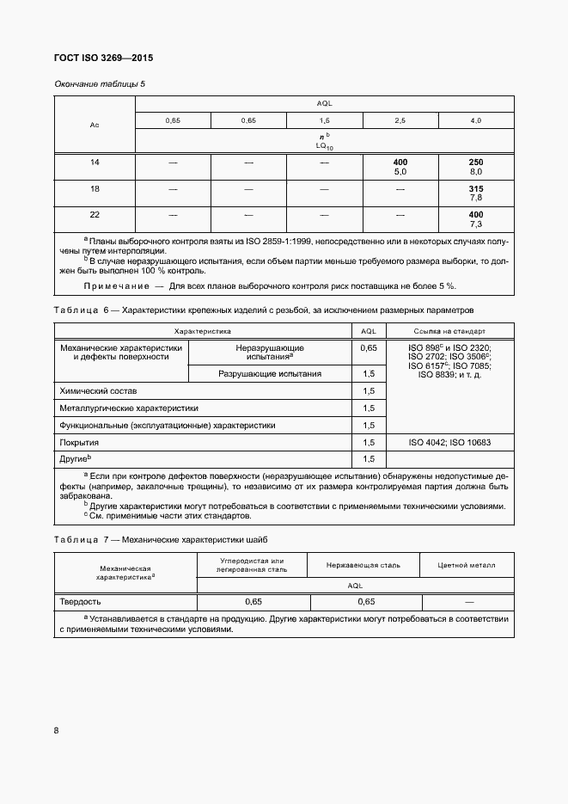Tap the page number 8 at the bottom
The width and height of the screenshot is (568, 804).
pyautogui.click(x=57, y=731)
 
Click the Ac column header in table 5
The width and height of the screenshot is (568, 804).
pyautogui.click(x=95, y=126)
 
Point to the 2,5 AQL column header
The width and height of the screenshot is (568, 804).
pyautogui.click(x=400, y=120)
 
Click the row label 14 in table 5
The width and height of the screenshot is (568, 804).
pyautogui.click(x=95, y=163)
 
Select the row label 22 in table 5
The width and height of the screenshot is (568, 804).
pyautogui.click(x=95, y=214)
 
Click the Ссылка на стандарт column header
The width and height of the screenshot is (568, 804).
pyautogui.click(x=449, y=330)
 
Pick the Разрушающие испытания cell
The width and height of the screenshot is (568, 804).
pyautogui.click(x=270, y=373)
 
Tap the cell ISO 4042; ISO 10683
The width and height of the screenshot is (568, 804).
pyautogui.click(x=449, y=442)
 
